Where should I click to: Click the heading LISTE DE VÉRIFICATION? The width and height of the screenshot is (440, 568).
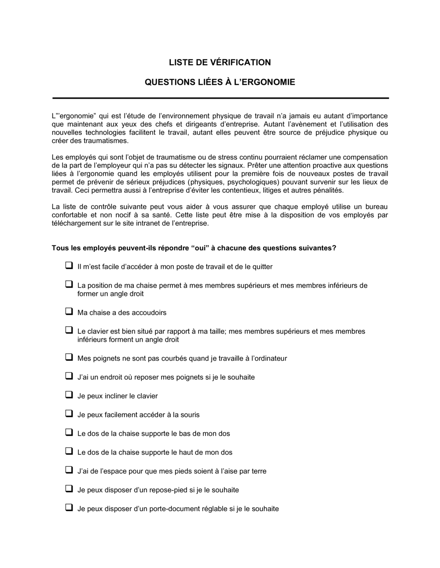[x=220, y=63]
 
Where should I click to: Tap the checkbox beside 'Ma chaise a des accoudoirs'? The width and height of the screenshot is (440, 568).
[x=69, y=311]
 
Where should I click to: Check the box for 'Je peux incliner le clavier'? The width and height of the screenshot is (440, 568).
[x=69, y=395]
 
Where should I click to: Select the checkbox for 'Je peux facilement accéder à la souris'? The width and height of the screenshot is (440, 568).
[x=69, y=413]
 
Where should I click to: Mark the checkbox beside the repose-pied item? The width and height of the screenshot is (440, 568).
[x=69, y=489]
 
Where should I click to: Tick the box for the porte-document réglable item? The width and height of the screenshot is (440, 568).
[x=69, y=507]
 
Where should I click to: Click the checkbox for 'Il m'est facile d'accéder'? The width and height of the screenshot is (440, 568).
[x=69, y=266]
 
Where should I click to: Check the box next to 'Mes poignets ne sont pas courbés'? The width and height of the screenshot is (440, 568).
[x=69, y=357]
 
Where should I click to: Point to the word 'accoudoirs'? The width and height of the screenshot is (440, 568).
[x=150, y=313]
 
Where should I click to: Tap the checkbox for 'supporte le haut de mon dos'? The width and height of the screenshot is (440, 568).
[x=69, y=451]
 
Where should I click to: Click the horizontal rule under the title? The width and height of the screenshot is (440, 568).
[x=220, y=98]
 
